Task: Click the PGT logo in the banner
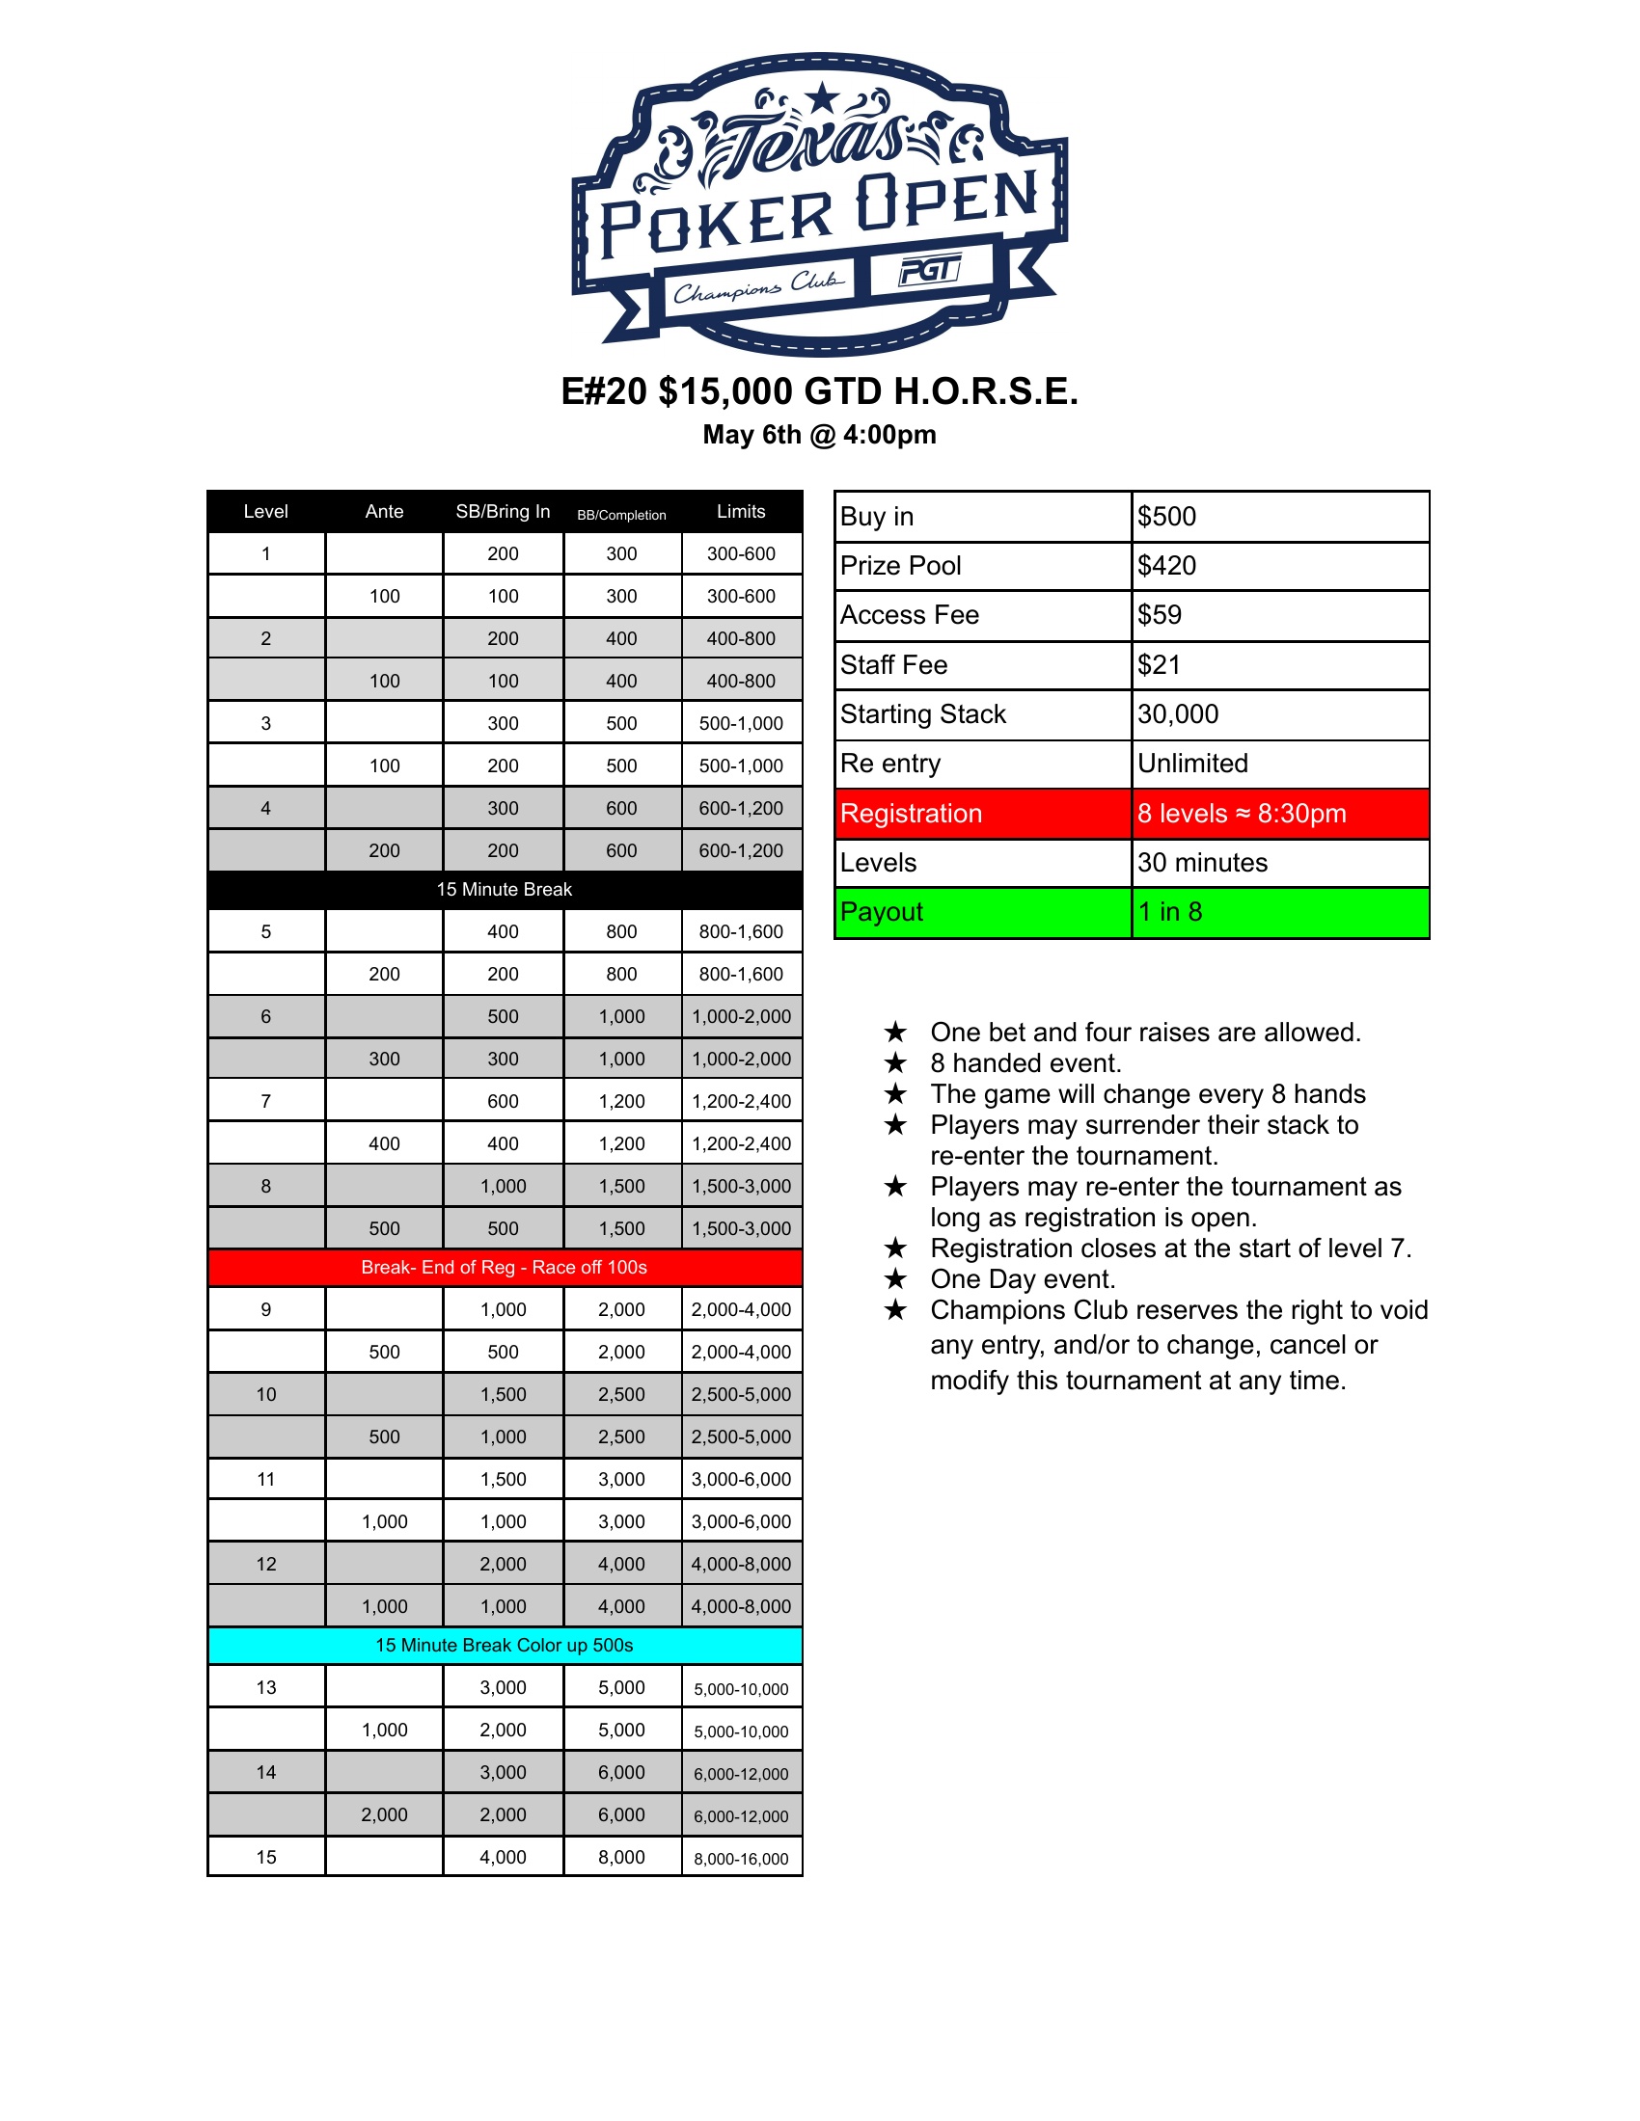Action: click(930, 270)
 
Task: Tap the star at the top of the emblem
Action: click(823, 97)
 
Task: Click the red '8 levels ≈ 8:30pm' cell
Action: click(1278, 814)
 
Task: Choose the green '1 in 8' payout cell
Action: click(1278, 913)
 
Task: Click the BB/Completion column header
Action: click(622, 515)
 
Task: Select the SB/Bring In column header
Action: click(503, 512)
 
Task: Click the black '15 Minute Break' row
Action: click(505, 890)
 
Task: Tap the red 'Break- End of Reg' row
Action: click(505, 1268)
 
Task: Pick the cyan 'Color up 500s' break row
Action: click(505, 1645)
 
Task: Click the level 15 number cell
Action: click(266, 1857)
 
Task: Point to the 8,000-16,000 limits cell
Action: click(741, 1859)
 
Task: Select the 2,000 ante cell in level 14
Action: click(385, 1814)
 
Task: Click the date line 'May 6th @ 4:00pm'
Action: click(819, 435)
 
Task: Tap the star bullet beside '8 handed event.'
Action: click(895, 1063)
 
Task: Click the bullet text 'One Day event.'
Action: click(1022, 1279)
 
